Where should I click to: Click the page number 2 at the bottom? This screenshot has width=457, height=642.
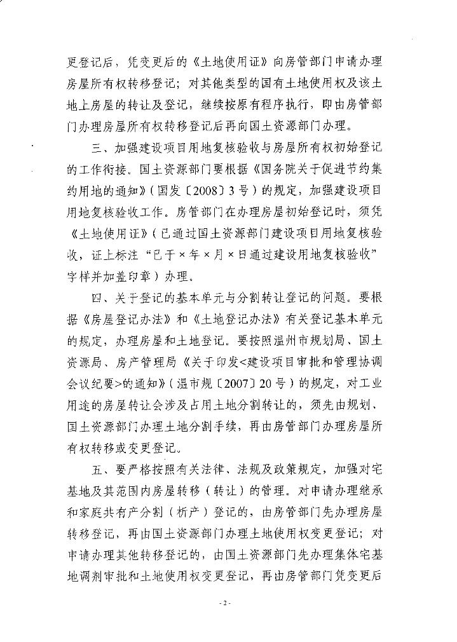coord(224,602)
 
